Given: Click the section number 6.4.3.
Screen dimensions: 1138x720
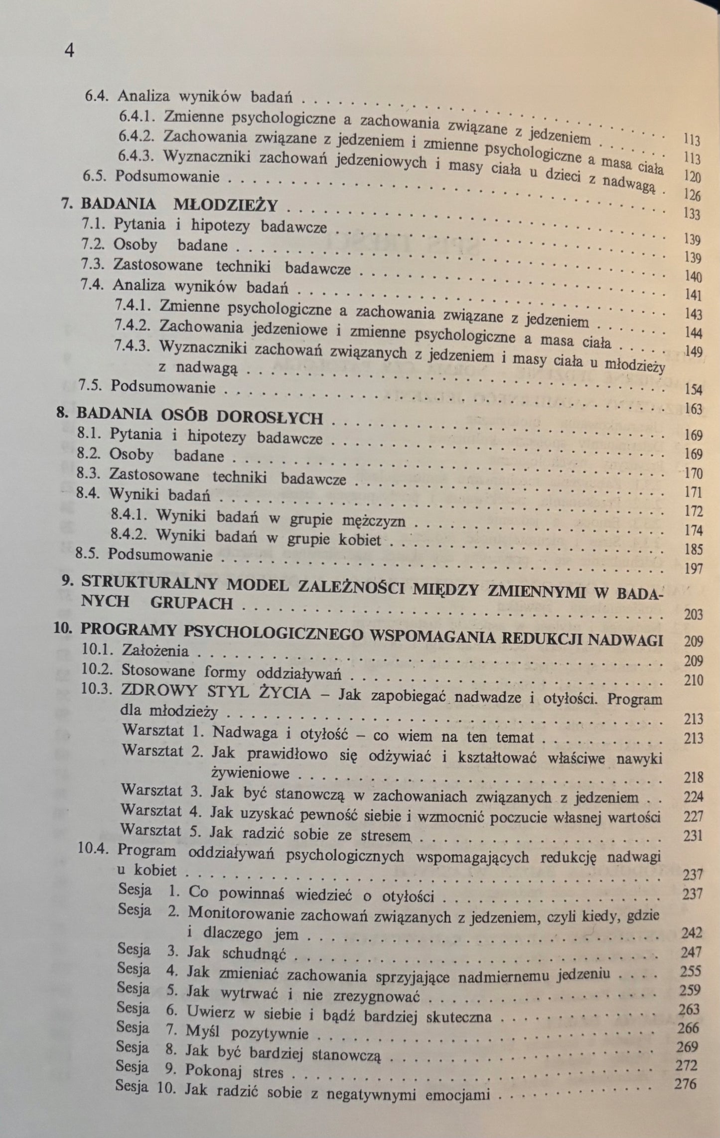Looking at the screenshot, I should [137, 156].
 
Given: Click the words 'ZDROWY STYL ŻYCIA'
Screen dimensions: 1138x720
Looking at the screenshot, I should [216, 693].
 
